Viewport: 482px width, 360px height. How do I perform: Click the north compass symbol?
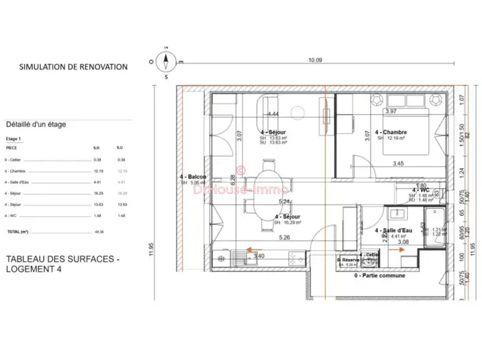click(165, 63)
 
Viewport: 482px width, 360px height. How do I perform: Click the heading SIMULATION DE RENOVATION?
click(73, 67)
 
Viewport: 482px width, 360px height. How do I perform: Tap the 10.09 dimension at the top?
click(314, 60)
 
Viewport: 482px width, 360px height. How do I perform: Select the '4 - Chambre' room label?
click(391, 133)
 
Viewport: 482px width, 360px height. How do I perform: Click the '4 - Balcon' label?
click(193, 177)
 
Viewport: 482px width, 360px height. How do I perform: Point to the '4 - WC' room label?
click(420, 190)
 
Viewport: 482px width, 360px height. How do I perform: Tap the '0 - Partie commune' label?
click(380, 275)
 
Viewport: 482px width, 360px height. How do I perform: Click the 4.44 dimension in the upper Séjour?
click(273, 114)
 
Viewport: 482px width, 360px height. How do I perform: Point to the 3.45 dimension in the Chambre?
click(398, 164)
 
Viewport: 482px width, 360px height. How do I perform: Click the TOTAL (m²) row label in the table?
click(18, 232)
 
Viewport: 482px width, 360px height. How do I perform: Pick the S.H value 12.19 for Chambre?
click(97, 171)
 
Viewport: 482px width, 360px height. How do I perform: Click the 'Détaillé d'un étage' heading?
click(36, 125)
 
